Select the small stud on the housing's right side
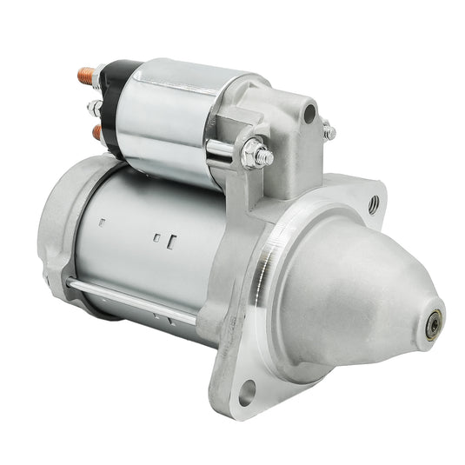pos(329,132)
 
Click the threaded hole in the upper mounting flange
pos(374,205)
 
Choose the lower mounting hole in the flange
pos(248,393)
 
